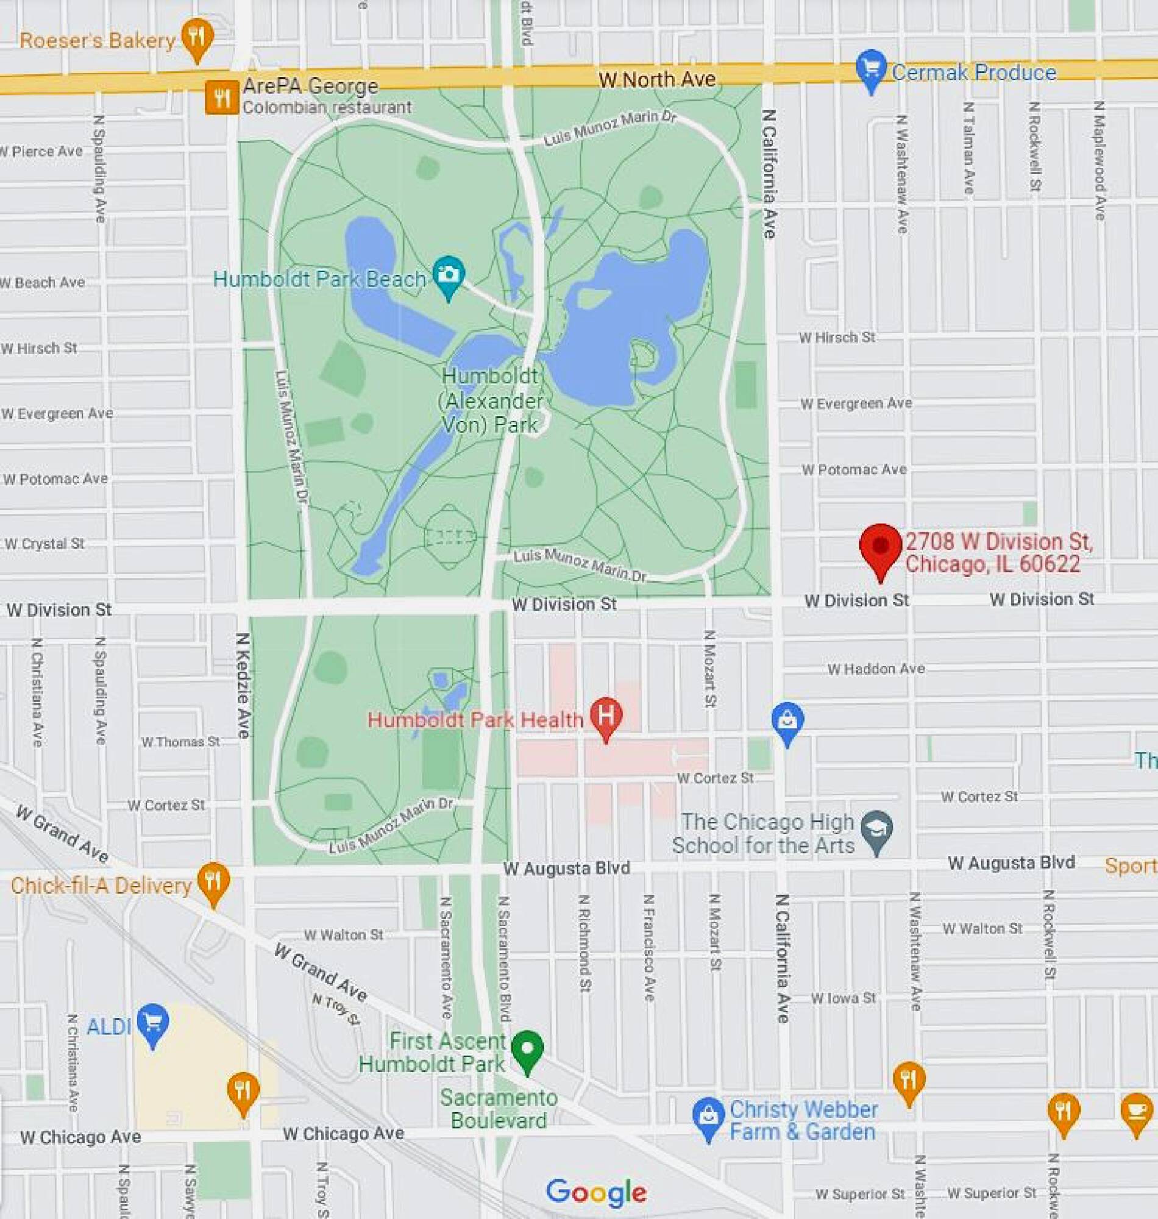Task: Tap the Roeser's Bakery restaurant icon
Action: coord(197,37)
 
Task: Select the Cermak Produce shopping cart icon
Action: coord(871,68)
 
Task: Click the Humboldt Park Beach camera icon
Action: coord(449,275)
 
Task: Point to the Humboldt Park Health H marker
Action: coord(606,716)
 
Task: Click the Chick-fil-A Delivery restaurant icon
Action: coord(213,881)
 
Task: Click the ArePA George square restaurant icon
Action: coord(222,98)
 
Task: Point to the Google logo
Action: coord(595,1192)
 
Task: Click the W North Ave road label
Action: coord(657,80)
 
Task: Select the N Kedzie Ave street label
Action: coord(243,685)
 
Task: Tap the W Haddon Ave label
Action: coord(875,669)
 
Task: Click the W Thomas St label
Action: coord(180,741)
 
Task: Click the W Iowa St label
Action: coord(843,998)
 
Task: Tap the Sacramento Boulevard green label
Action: coord(499,1109)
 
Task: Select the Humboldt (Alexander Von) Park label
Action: coord(491,400)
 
